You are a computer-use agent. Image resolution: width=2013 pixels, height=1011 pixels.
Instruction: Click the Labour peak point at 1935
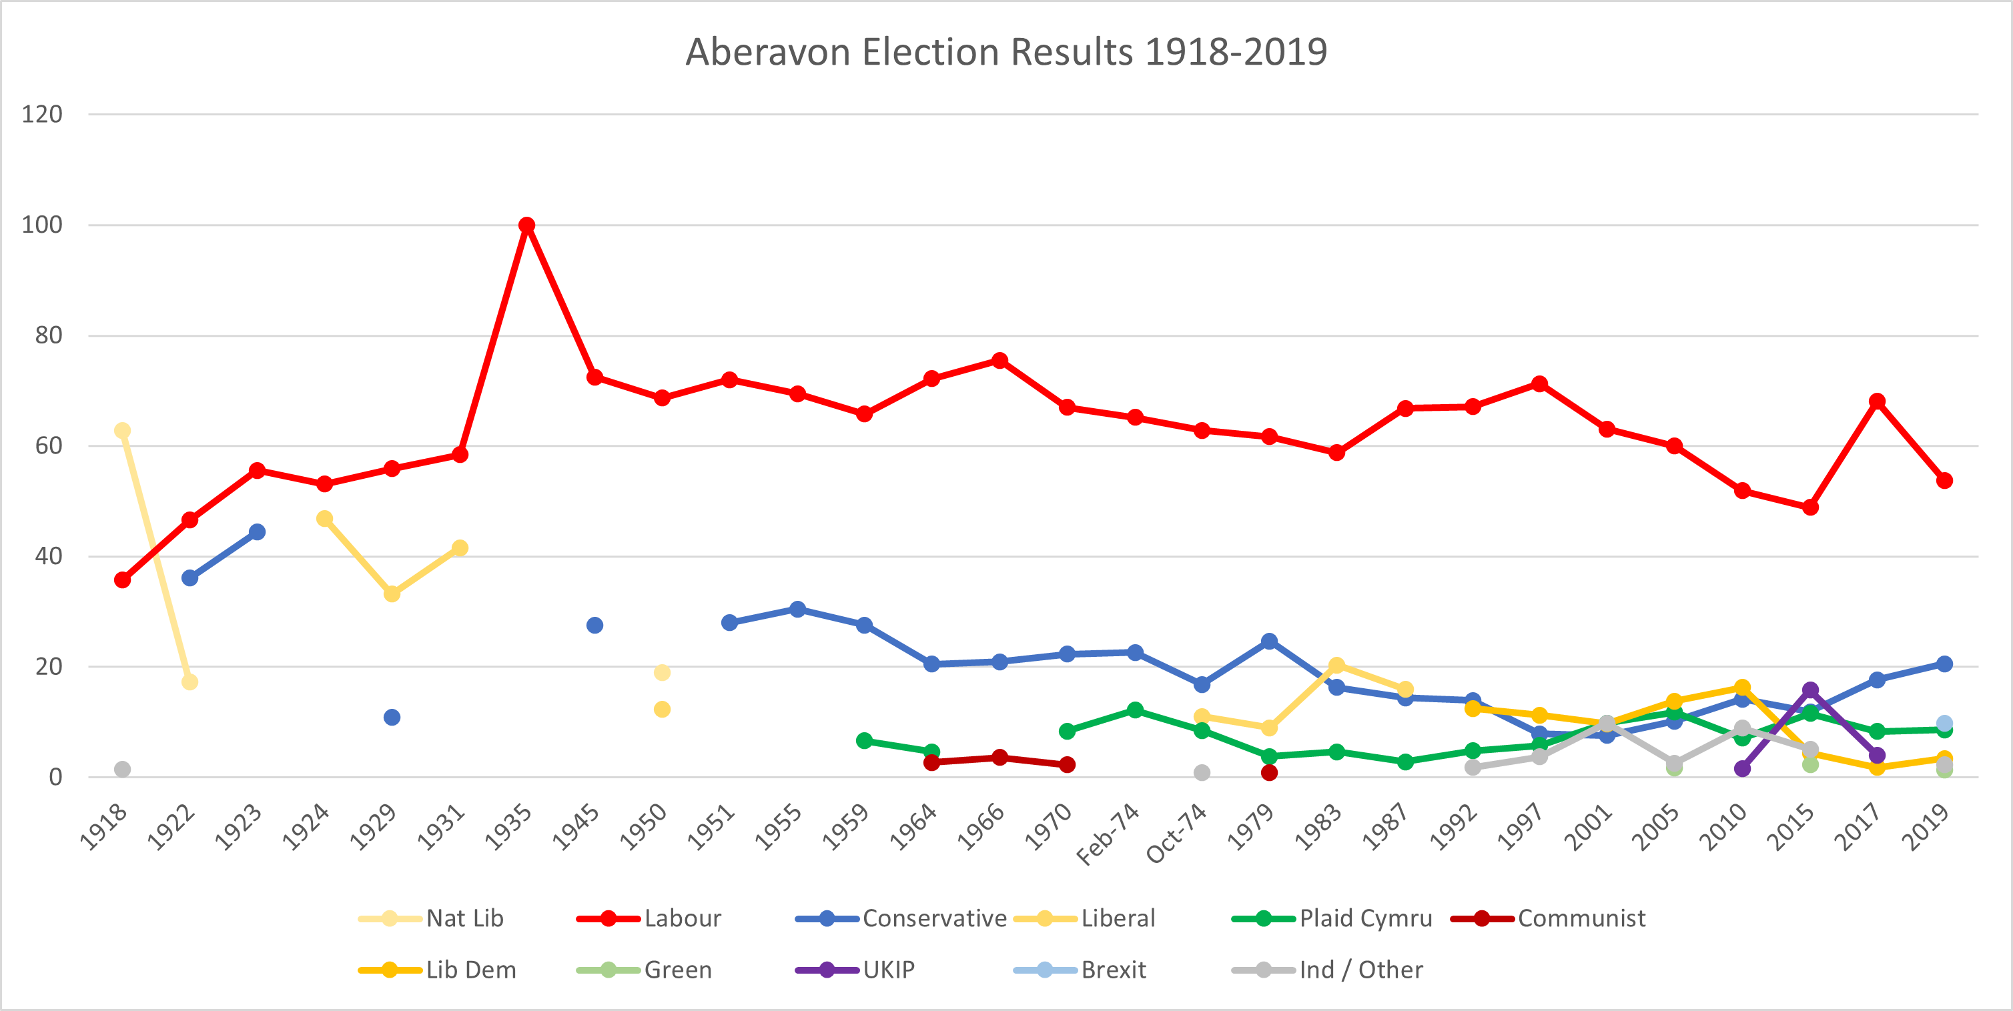coord(526,225)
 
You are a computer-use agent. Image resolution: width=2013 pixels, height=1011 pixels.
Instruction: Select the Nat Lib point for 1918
coord(122,431)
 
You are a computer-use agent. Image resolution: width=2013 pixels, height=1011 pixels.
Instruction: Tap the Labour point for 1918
coord(122,580)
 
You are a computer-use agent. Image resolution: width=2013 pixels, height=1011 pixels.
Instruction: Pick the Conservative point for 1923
coord(257,532)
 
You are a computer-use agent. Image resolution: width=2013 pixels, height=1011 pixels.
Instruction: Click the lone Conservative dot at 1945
coord(594,625)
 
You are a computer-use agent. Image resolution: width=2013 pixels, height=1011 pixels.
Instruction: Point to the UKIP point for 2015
coord(1809,690)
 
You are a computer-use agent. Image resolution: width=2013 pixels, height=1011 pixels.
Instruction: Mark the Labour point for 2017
coord(1877,401)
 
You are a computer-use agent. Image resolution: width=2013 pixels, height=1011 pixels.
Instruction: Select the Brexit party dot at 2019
coord(1944,724)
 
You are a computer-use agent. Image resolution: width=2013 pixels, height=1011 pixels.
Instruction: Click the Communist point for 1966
coord(999,757)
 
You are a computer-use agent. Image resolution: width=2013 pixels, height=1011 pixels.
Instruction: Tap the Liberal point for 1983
coord(1336,666)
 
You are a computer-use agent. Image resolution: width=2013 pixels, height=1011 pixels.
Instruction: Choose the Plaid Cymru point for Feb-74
coord(1135,710)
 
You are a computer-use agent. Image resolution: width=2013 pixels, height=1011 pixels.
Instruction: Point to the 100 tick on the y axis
coord(42,225)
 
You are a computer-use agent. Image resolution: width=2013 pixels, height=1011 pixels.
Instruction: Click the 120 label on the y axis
coord(42,115)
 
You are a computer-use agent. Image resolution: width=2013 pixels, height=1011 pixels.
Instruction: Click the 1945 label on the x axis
coord(576,828)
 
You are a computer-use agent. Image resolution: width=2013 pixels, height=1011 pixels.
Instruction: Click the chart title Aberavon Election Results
coord(1005,52)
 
